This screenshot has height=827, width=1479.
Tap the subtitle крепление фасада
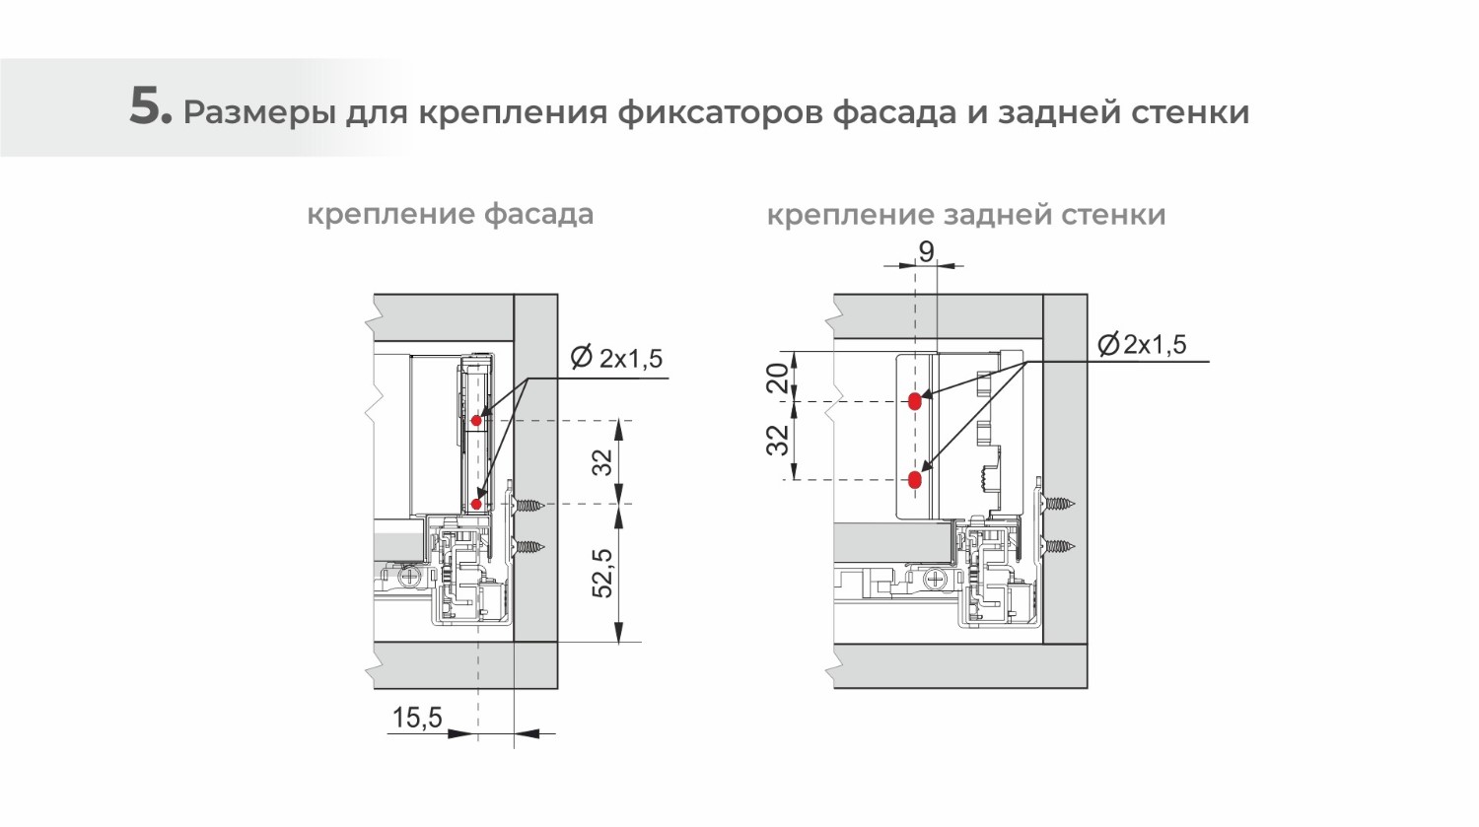pos(450,214)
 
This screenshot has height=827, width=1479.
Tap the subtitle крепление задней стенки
pos(965,214)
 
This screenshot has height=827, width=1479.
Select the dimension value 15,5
pos(417,718)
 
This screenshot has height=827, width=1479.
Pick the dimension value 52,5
pos(602,573)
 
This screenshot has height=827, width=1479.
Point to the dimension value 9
pos(926,252)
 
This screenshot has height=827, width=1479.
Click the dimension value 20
pos(779,378)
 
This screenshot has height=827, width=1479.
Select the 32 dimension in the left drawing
pos(602,461)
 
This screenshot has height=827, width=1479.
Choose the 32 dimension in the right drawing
pos(779,440)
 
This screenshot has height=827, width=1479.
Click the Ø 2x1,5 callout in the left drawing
pos(616,358)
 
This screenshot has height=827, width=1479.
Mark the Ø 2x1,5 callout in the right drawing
pos(1142,345)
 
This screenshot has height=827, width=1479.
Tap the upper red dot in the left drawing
pos(476,421)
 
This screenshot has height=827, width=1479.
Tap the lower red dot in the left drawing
pos(476,505)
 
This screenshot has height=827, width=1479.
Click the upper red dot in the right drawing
pos(914,401)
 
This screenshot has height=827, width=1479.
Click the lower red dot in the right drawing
pos(914,480)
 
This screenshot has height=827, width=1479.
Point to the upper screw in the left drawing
pos(528,506)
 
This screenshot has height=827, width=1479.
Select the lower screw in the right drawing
pos(1060,546)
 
